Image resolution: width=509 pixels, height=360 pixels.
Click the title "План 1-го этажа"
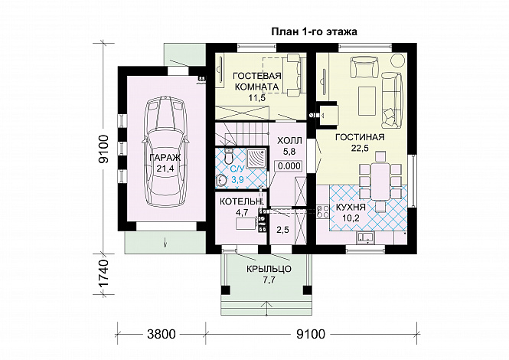click(314, 32)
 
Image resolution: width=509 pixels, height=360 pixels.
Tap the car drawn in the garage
click(165, 152)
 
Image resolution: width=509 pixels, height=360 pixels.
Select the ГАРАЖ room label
click(165, 158)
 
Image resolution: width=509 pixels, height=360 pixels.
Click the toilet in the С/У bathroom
click(229, 156)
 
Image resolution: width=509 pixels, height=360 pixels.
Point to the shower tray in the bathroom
click(256, 159)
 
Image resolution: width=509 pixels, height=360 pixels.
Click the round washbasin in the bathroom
click(221, 180)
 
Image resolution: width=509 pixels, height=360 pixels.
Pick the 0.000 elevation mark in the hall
click(289, 166)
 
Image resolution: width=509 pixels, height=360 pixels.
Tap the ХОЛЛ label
click(289, 141)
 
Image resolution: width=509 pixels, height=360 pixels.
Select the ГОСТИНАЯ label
click(360, 137)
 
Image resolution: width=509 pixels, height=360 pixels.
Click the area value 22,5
click(360, 148)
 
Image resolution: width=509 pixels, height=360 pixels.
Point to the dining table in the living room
click(380, 182)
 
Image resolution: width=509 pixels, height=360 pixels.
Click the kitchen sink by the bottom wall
click(366, 238)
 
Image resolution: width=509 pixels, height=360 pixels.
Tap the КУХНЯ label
click(351, 207)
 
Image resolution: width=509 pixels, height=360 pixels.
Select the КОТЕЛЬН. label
click(241, 201)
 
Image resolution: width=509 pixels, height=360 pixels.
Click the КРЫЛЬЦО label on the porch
click(269, 269)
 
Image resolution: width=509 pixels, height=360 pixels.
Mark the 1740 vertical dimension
click(103, 274)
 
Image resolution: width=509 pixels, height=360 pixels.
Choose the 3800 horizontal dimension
click(161, 334)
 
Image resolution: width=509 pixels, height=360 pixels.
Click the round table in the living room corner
click(396, 61)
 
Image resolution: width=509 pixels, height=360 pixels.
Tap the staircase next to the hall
click(242, 134)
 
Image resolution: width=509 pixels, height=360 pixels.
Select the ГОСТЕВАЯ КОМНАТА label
click(256, 81)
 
